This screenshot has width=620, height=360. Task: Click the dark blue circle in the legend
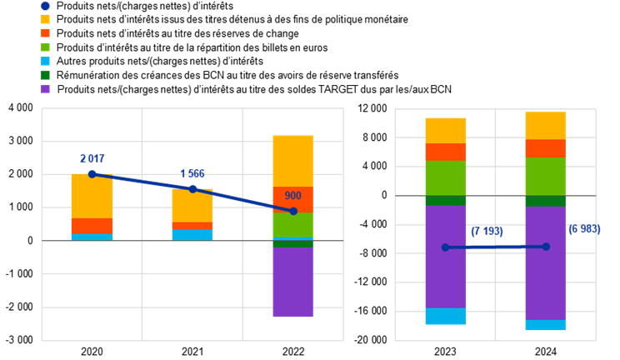point(45,6)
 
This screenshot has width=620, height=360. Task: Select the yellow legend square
point(45,19)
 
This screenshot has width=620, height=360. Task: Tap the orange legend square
point(45,33)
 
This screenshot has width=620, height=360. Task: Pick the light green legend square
point(45,47)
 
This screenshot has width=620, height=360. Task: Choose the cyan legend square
point(45,61)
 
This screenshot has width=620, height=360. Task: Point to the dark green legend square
point(45,75)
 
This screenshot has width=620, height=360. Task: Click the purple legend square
point(45,88)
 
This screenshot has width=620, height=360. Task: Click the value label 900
point(292,196)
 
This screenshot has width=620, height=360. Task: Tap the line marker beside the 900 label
point(293,211)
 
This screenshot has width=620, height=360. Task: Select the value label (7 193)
point(487,231)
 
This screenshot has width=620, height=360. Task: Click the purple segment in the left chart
point(292,282)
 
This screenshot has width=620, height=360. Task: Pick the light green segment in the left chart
point(292,225)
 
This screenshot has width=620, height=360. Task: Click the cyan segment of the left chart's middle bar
point(192,235)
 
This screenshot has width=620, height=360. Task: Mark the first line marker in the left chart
point(92,174)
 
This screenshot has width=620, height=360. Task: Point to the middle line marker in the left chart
point(192,188)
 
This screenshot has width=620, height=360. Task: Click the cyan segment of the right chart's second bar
point(545,325)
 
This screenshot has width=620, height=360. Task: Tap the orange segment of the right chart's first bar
point(446,152)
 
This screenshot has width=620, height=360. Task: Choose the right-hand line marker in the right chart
point(546,247)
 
